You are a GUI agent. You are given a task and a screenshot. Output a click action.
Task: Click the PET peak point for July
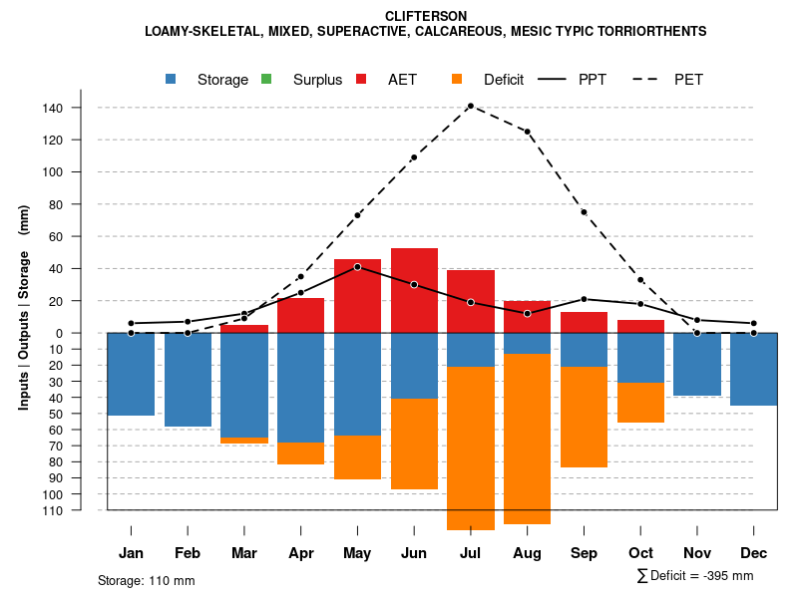click(x=470, y=106)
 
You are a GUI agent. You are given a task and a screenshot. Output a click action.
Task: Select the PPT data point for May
click(x=357, y=267)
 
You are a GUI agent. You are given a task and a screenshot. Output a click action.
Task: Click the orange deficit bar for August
click(x=528, y=439)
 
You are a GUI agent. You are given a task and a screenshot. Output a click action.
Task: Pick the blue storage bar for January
click(x=131, y=374)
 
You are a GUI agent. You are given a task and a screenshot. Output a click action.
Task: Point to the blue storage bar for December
click(x=753, y=369)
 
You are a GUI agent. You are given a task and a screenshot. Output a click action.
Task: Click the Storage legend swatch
click(x=171, y=79)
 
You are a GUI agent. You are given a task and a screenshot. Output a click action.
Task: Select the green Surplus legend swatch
click(x=266, y=79)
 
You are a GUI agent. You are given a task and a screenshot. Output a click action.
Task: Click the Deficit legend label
click(x=504, y=80)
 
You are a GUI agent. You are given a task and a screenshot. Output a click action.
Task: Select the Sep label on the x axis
click(x=584, y=553)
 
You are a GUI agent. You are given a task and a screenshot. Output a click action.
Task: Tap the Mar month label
click(x=243, y=553)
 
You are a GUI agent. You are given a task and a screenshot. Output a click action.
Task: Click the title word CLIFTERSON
click(x=425, y=16)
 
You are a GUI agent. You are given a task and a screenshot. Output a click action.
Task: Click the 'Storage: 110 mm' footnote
click(x=146, y=580)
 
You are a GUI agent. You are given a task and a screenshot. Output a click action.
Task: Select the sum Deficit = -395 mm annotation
click(x=695, y=576)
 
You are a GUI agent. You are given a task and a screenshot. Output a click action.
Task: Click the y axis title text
click(x=24, y=307)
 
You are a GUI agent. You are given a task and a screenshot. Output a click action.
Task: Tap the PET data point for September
click(x=584, y=212)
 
